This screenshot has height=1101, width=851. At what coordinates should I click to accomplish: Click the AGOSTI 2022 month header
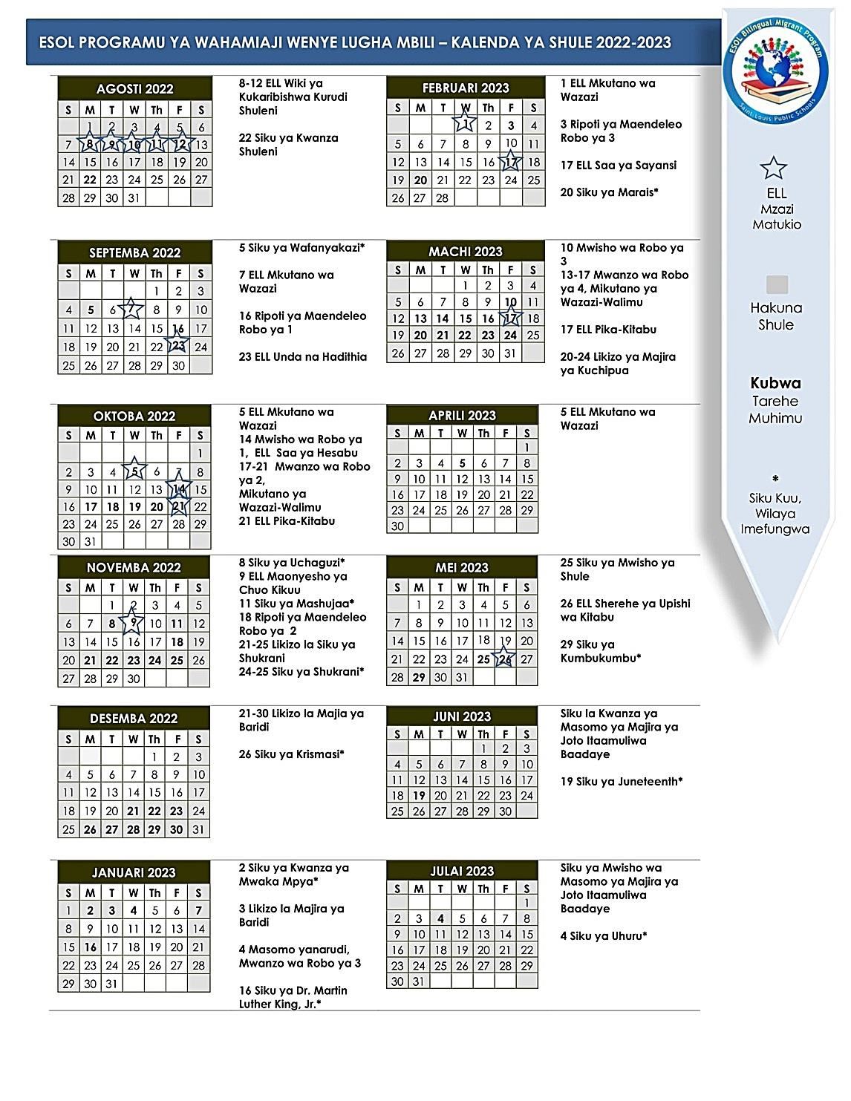135,89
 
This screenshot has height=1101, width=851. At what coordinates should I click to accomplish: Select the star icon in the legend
775,168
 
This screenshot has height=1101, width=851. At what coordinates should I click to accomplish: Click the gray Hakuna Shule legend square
776,285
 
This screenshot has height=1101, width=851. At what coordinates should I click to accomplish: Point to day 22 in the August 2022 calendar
91,180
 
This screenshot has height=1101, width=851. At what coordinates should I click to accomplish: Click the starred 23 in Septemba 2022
178,347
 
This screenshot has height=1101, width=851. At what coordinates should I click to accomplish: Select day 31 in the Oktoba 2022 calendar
91,542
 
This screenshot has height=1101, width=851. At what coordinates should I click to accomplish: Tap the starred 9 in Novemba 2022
133,624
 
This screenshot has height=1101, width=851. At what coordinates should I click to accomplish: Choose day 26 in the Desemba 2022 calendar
90,830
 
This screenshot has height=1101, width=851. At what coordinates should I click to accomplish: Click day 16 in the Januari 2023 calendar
91,947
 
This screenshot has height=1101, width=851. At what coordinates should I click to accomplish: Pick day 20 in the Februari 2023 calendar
420,180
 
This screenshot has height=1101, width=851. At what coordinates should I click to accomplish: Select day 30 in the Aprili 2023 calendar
397,526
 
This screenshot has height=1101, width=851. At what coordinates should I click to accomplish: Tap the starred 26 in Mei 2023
505,659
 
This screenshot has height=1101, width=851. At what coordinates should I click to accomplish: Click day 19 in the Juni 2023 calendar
419,796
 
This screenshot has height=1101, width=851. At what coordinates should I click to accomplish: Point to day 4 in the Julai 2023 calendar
441,918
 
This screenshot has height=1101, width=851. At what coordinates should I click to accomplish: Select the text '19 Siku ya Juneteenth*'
622,781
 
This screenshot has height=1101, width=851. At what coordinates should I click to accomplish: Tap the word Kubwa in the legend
775,384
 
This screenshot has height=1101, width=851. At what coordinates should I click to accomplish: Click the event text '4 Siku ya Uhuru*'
604,935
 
